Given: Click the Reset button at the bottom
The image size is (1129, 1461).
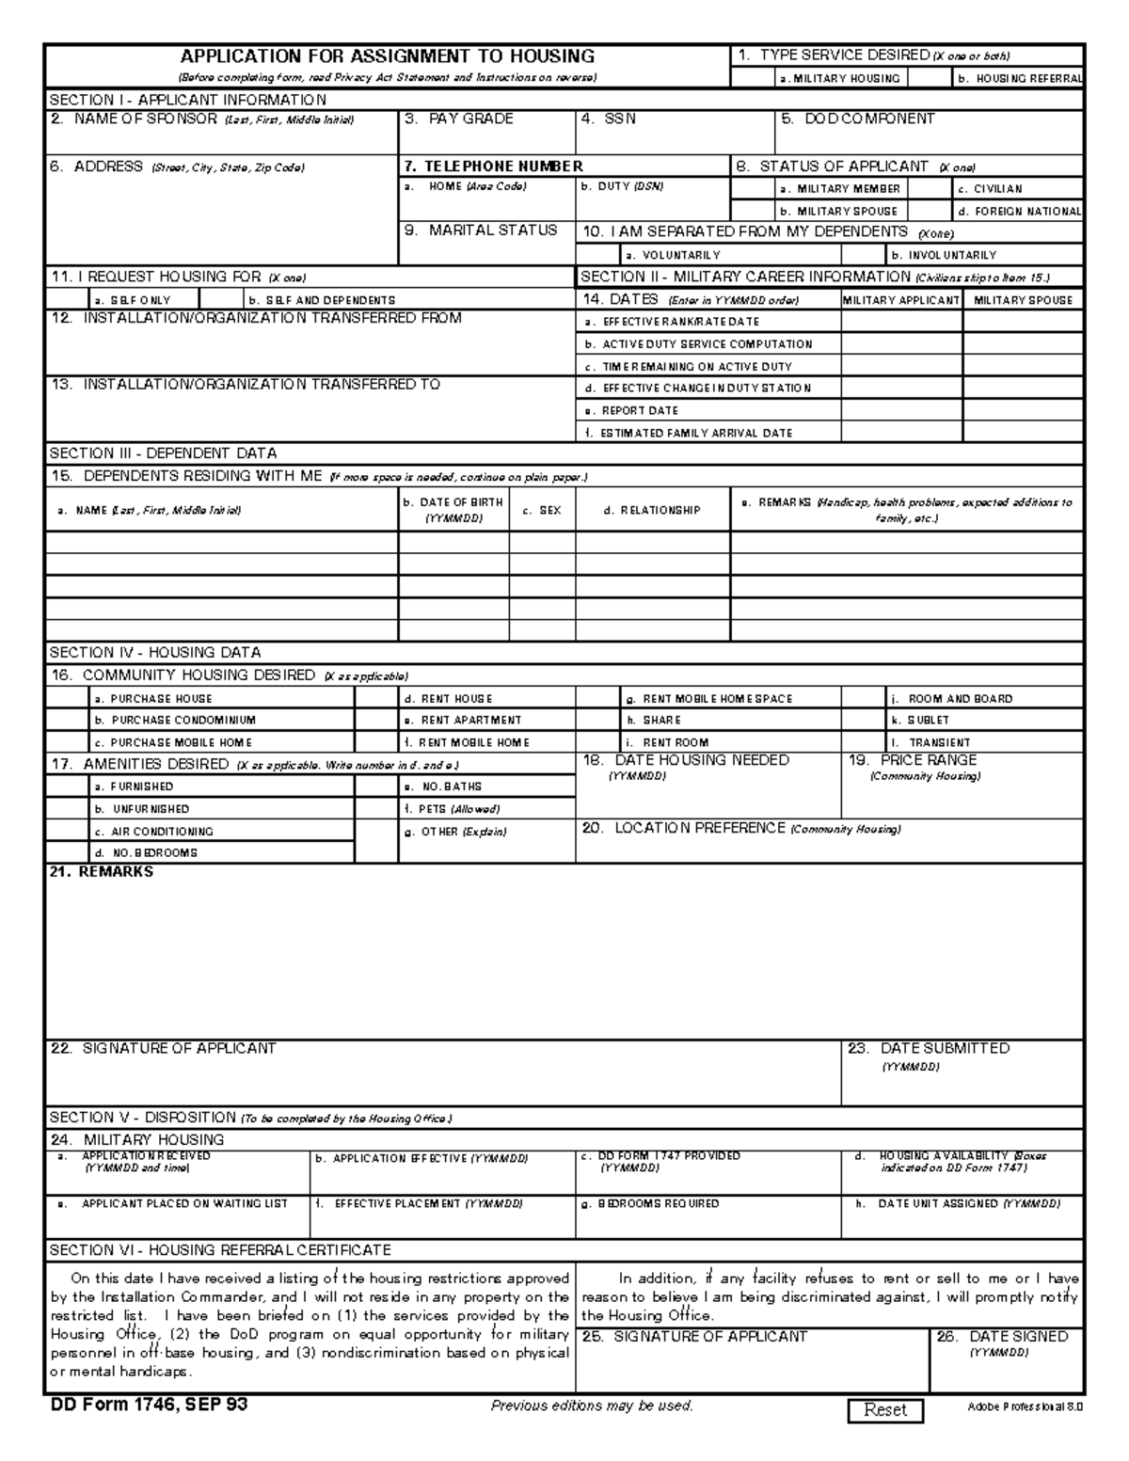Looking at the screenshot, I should point(885,1409).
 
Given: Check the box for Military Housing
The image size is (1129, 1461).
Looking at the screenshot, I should point(754,78).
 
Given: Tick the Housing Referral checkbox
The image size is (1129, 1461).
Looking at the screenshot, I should point(930,78).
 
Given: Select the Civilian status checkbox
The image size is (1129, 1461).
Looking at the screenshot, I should point(930,188).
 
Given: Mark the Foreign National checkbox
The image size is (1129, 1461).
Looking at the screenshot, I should point(930,211).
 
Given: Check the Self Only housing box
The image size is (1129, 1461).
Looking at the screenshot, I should point(67,299).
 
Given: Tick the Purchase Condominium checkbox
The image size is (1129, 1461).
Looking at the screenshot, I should point(67,720).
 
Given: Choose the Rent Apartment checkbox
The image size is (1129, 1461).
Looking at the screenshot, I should point(376,720).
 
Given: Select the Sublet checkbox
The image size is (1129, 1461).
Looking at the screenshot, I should point(864,720).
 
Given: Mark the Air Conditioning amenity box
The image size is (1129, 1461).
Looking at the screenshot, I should point(67,831).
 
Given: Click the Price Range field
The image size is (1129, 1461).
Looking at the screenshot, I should point(962,798).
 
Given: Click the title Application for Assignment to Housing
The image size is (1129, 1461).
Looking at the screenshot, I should point(388,56).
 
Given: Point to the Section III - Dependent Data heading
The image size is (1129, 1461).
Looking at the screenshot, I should point(163,453).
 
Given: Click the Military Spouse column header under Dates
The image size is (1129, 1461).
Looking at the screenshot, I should point(1023,299).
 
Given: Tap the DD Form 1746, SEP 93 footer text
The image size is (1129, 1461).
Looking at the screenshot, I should point(149,1405).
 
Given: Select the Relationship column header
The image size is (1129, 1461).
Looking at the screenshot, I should point(652,510).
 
